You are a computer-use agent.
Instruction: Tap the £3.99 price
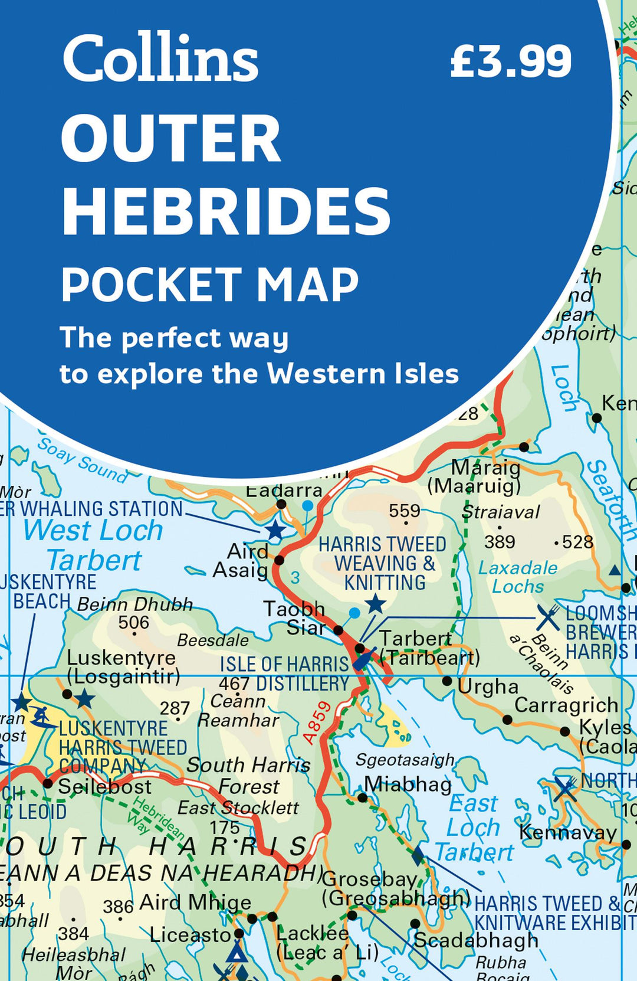tap(511, 61)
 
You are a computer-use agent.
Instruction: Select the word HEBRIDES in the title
tap(226, 211)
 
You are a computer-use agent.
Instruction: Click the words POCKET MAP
tap(210, 285)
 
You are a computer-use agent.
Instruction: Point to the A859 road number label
tap(317, 722)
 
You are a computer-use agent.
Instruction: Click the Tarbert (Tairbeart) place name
tap(429, 648)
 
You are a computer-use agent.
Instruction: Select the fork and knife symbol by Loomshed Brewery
tap(548, 618)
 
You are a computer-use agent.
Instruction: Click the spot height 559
tap(405, 511)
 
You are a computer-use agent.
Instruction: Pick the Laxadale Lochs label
tap(518, 577)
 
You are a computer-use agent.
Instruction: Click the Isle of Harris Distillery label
tap(284, 674)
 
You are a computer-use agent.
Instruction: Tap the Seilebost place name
tap(104, 787)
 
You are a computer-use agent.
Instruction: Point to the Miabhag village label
tap(408, 784)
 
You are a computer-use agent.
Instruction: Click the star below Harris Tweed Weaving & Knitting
tap(375, 604)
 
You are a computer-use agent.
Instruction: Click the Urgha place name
tap(488, 687)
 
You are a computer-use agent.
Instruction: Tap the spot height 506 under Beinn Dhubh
tap(133, 623)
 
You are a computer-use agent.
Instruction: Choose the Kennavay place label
tap(567, 833)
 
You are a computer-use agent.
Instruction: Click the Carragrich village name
tap(566, 705)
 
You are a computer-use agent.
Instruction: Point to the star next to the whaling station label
tap(275, 529)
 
